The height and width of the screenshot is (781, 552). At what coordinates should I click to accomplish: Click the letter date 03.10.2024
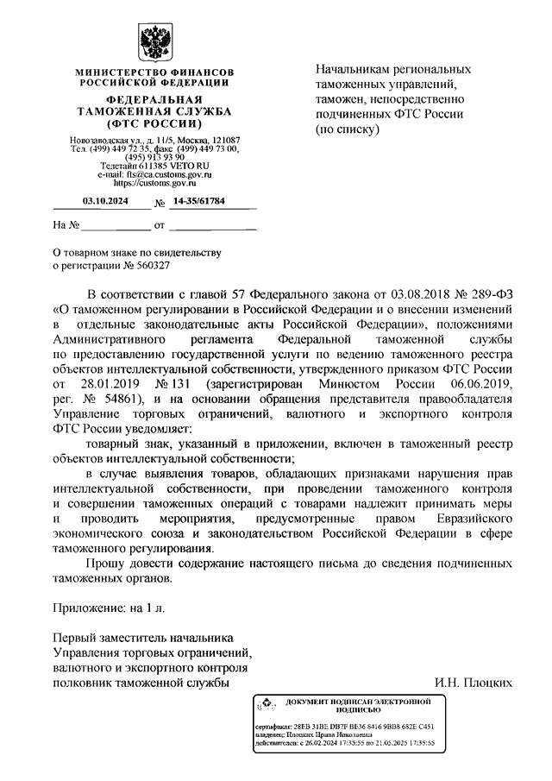(104, 201)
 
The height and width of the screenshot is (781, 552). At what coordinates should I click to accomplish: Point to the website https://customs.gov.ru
(154, 183)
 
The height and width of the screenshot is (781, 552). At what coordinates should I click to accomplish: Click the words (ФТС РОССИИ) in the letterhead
(154, 123)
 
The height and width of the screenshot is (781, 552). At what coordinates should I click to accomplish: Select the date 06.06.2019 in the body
(475, 383)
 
